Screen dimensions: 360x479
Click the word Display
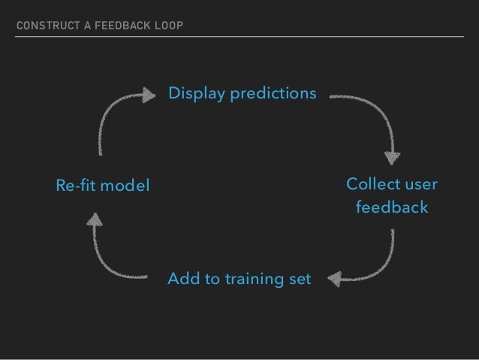193,94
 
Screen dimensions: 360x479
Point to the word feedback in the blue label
392,207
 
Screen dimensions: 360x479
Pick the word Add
182,280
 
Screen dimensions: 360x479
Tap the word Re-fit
77,185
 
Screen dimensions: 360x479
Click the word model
125,185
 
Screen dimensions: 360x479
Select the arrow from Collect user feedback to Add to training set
379,267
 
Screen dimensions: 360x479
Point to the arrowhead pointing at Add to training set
334,279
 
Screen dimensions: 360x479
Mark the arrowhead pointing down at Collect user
391,158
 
